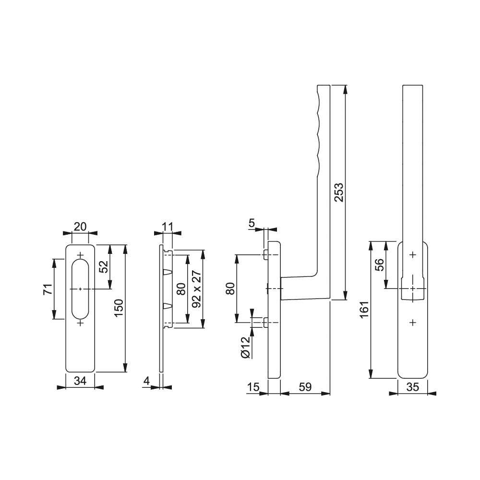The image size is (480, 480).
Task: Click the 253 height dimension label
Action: tap(339, 192)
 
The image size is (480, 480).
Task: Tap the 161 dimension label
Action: tap(364, 310)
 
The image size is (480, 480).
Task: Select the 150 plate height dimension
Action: tap(119, 308)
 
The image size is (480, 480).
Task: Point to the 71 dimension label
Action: tap(48, 289)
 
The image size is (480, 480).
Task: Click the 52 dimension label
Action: tap(104, 266)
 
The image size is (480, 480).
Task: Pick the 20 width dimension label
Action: tap(80, 227)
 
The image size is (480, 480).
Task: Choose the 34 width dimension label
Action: tap(80, 381)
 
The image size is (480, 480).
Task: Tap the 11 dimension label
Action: tap(168, 227)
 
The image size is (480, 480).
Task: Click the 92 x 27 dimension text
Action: tap(196, 289)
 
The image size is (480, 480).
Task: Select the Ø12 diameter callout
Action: tap(246, 348)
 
